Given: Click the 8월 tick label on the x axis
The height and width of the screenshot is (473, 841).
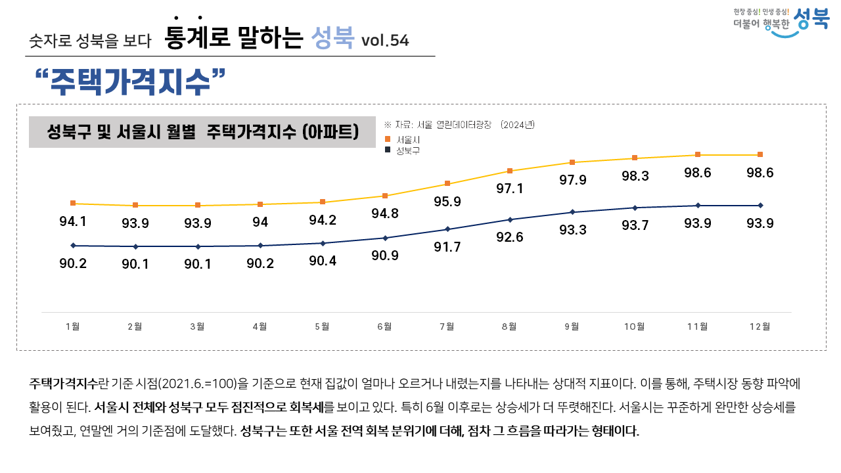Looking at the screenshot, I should point(509,327).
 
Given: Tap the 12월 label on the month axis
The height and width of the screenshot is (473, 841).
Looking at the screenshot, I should point(760,327).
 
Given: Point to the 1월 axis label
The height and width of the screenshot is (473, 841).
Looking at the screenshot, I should point(73,327).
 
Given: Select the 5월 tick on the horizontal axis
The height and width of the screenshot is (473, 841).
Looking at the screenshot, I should point(322,327).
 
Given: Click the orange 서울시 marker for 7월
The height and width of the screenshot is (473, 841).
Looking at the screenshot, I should point(447,183).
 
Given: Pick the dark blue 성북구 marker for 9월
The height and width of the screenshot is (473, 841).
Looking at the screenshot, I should point(572,212).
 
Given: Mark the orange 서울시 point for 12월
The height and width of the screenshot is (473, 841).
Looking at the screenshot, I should point(760,154).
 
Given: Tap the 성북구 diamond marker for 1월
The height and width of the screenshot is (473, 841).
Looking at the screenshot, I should point(73,246).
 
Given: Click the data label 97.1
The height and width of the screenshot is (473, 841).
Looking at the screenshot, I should point(510,189).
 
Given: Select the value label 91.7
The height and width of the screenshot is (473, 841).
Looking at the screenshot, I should point(447,247).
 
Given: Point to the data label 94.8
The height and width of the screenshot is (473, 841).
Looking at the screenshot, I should point(385,214).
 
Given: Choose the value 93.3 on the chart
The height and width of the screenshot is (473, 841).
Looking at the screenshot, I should point(572,230).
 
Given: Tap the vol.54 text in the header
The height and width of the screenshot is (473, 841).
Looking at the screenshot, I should point(385,41).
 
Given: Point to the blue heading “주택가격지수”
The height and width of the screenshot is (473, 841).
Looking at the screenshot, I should point(131,81).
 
